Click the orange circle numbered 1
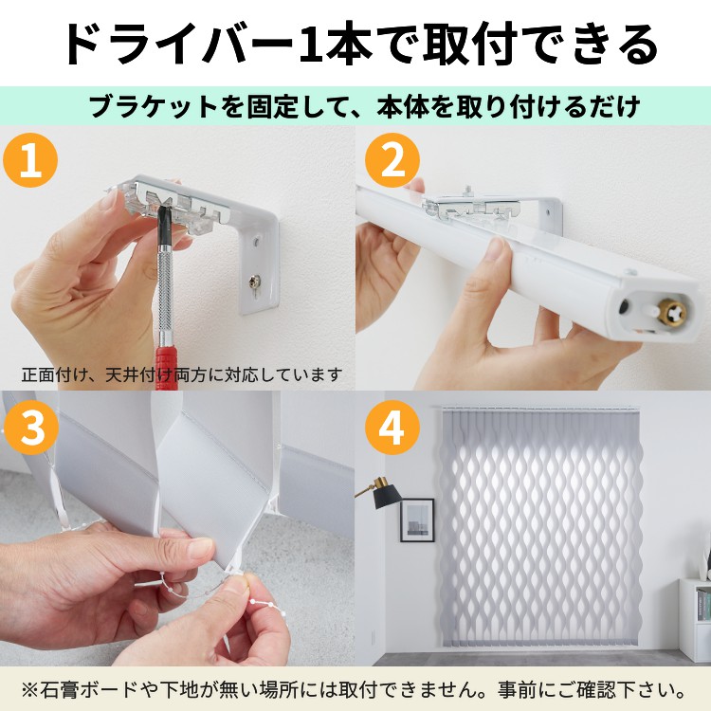[x=30, y=160]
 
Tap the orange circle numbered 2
[x=392, y=160]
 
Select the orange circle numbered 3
[x=30, y=428]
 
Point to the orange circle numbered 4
[x=392, y=428]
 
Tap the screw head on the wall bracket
[x=252, y=283]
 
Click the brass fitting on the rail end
[x=674, y=312]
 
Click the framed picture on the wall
[x=417, y=520]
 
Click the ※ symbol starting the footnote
[x=30, y=690]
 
